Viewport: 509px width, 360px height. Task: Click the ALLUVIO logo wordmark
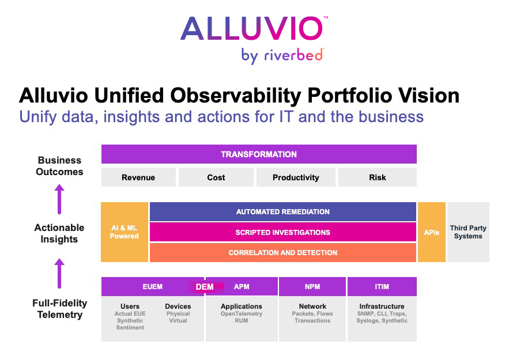pos(252,28)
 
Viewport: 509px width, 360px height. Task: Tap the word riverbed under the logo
pos(294,55)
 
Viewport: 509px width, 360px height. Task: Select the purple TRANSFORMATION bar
pos(259,154)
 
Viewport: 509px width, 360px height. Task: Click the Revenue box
pos(138,177)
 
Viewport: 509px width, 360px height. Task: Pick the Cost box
pos(216,177)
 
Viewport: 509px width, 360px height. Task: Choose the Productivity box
pos(296,177)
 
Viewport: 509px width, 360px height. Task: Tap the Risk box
pos(378,177)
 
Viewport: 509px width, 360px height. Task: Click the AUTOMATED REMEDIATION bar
pos(282,212)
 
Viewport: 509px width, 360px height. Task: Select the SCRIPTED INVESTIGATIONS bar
pos(282,232)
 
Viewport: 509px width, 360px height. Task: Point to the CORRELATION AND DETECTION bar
pos(282,253)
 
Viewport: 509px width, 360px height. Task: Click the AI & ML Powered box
pos(125,232)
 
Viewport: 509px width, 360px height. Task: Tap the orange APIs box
pos(431,232)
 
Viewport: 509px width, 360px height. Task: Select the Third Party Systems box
pos(468,232)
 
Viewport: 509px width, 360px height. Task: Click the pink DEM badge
pos(205,287)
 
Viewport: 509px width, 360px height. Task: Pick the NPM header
pos(312,286)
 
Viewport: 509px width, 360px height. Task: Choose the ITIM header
pos(382,286)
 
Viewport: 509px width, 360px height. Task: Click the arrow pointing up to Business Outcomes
pos(59,199)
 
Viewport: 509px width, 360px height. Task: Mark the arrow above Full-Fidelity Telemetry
pos(59,274)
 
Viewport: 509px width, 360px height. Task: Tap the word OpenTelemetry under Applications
pos(242,313)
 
